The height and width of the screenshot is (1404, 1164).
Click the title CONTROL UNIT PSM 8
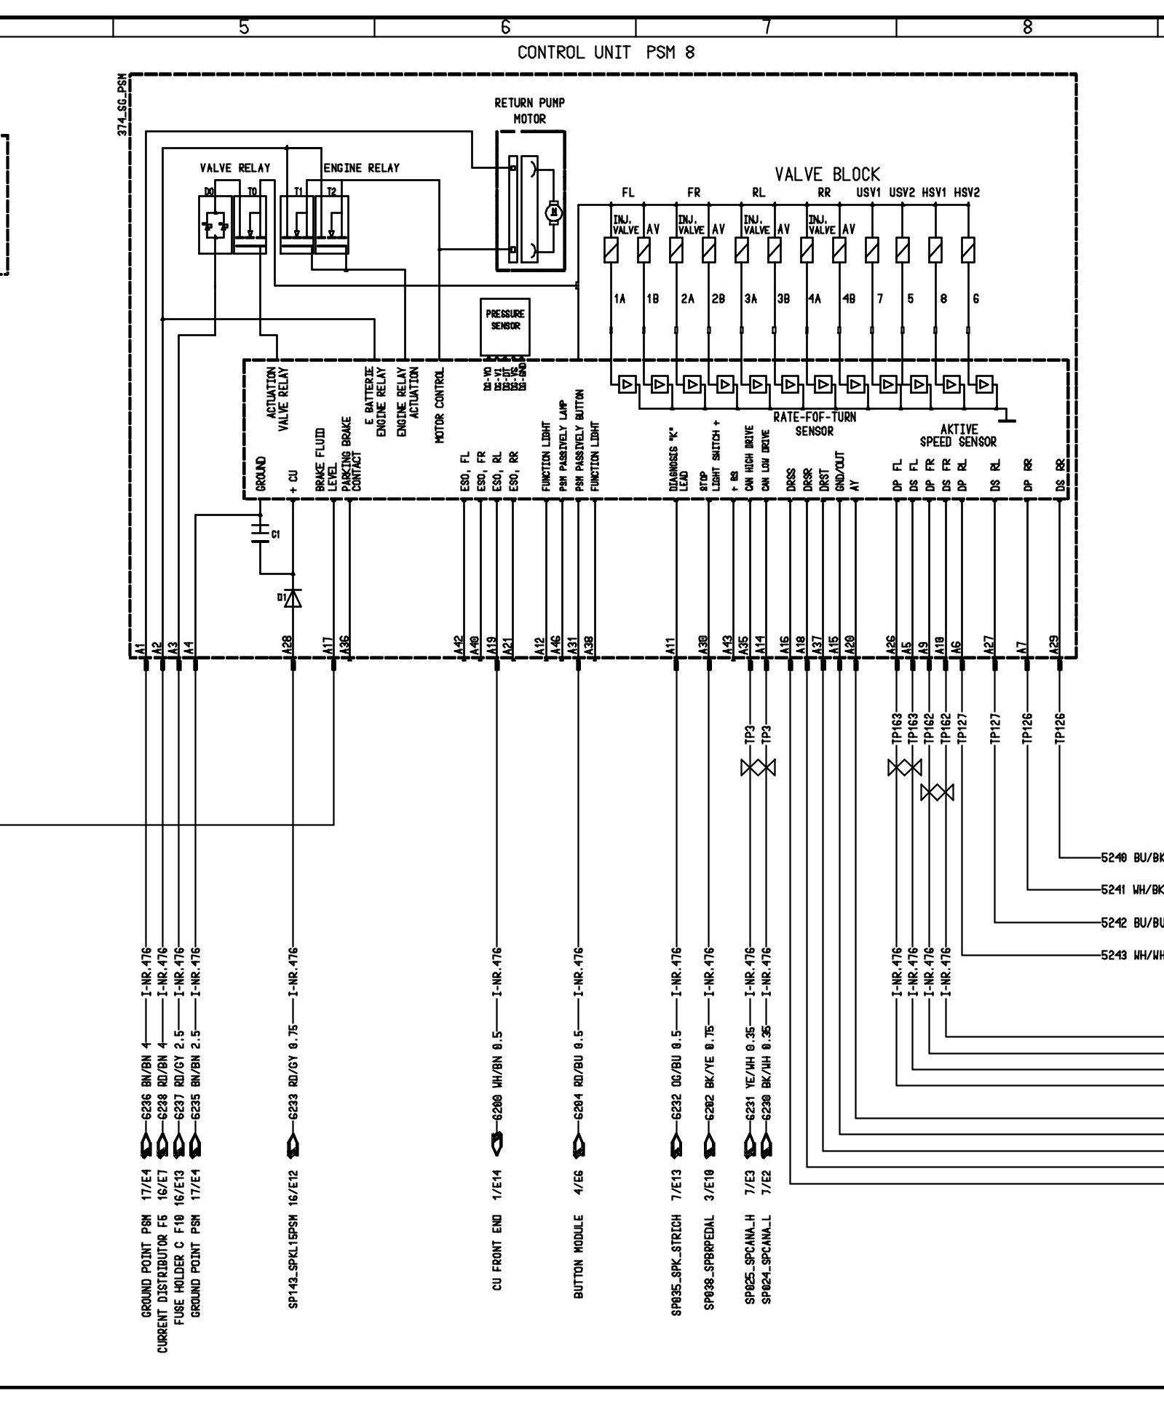pos(606,53)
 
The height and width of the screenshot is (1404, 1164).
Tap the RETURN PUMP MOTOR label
pos(529,111)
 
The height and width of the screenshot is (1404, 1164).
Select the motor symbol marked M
pos(553,213)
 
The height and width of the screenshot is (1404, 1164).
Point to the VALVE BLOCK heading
pos(827,175)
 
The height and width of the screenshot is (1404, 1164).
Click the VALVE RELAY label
pos(234,168)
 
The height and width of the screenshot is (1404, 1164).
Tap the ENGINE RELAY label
pos(362,168)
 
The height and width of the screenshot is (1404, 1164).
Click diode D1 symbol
pos(293,598)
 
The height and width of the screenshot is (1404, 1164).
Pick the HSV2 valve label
pos(967,193)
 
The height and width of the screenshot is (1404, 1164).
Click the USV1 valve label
pos(870,193)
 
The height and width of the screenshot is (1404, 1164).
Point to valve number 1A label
pos(619,298)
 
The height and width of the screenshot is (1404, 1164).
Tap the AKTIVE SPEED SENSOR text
pos(958,435)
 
